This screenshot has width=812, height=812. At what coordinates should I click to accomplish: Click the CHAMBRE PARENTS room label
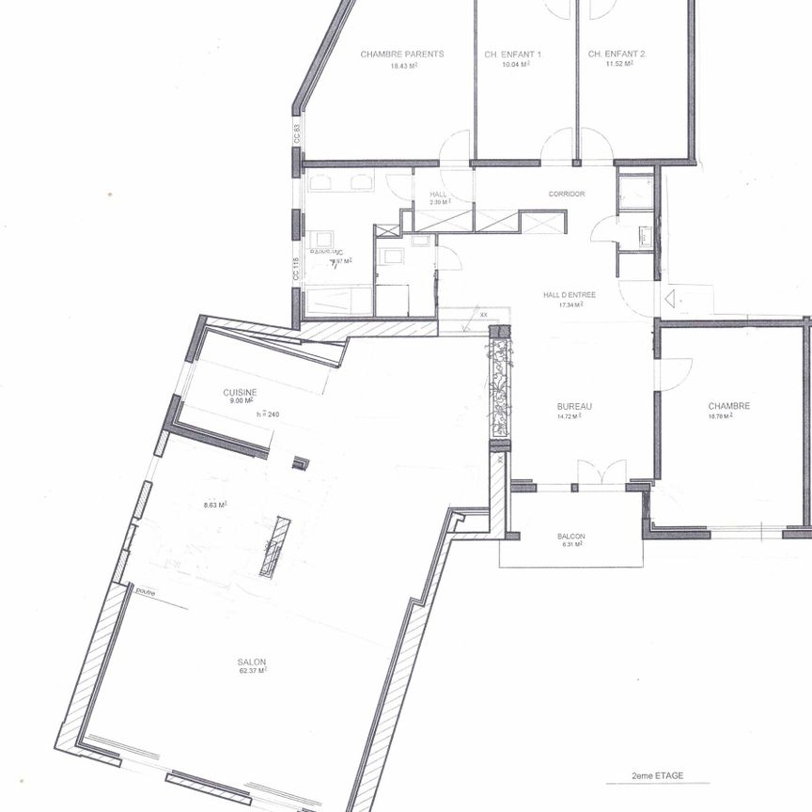tap(401, 55)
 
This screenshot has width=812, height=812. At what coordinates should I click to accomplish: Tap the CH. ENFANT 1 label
tap(514, 55)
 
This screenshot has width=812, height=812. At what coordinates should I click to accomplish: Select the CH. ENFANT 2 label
tap(617, 55)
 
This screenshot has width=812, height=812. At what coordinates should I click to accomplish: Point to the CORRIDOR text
tap(567, 194)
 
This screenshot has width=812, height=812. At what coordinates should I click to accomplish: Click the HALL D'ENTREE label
tap(569, 295)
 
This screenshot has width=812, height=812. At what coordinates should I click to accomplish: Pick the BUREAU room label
tap(574, 407)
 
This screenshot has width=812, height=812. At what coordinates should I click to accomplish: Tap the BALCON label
tap(571, 536)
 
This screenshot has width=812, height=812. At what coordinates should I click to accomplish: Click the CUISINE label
tap(240, 392)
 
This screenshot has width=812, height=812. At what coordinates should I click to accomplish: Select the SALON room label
tap(252, 662)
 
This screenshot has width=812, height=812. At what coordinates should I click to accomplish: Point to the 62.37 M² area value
tap(252, 670)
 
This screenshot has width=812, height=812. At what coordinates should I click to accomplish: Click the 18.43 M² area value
tap(402, 65)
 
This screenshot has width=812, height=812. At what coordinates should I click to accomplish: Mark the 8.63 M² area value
tap(215, 505)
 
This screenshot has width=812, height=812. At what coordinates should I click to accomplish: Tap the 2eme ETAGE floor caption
tap(658, 776)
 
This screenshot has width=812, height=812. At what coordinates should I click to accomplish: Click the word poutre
tap(146, 591)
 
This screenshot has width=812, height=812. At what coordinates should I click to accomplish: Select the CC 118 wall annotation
tap(296, 270)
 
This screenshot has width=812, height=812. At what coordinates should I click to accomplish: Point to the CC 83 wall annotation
tap(296, 133)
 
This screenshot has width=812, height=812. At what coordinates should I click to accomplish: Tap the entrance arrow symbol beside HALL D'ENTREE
tap(670, 300)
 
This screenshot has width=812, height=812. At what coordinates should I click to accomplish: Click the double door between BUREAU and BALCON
tap(601, 473)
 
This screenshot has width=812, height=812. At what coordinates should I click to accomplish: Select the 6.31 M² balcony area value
tap(571, 544)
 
